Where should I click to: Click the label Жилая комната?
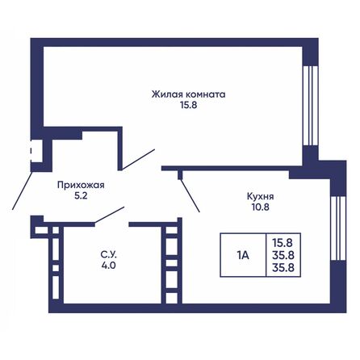[x=188, y=94]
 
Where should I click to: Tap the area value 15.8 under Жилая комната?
[x=188, y=106]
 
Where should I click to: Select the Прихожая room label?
[x=81, y=184]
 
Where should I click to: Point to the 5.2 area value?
[x=81, y=195]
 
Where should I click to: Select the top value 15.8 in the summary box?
[x=283, y=241]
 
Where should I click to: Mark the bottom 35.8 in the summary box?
[x=283, y=267]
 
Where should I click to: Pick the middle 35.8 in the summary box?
[x=283, y=254]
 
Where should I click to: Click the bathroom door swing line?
[x=110, y=214]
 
